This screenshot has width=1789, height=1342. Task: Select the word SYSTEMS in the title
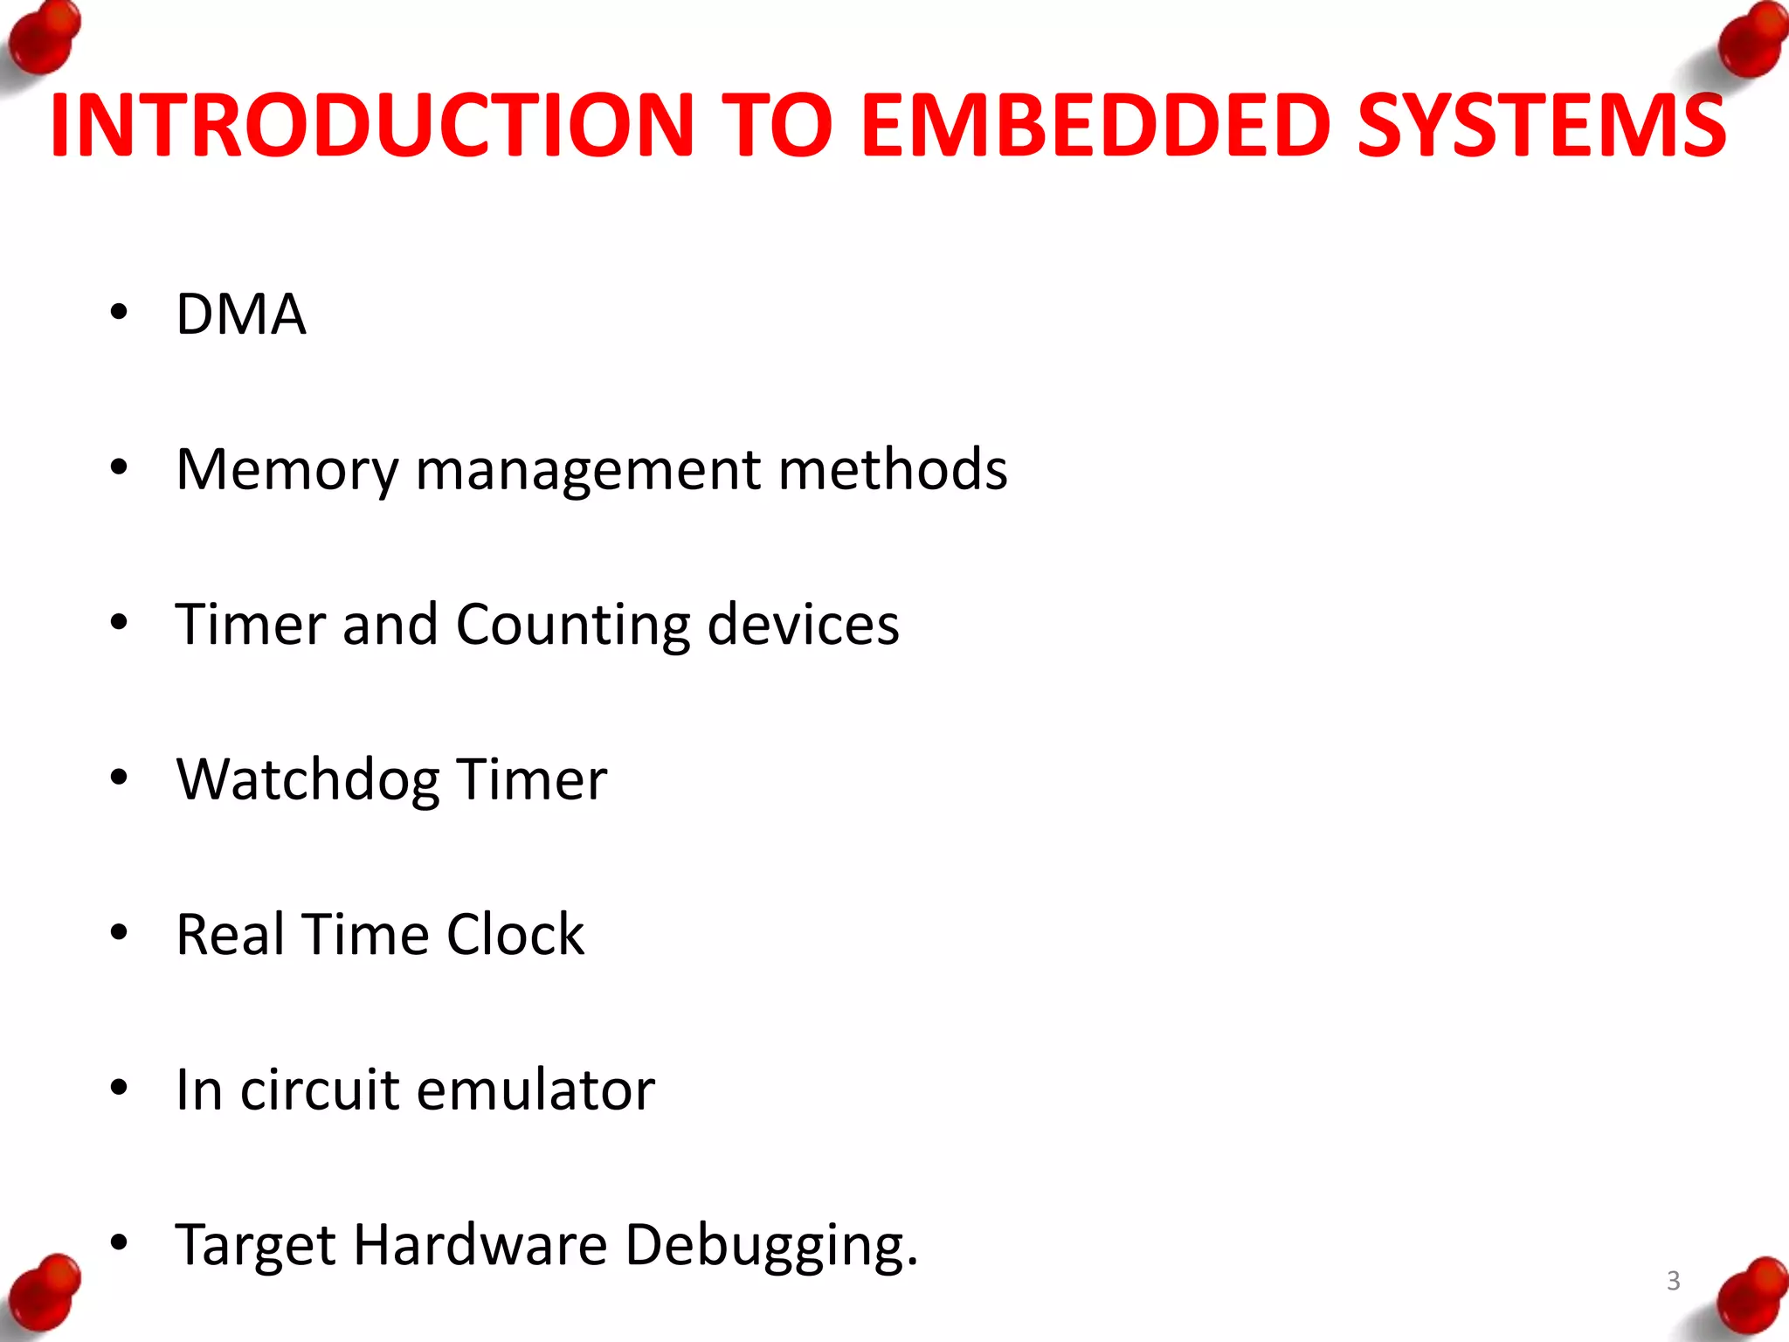pos(1541,126)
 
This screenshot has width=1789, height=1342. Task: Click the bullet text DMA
pos(241,314)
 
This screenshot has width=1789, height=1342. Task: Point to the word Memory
pos(287,470)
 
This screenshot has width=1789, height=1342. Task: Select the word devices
pos(803,624)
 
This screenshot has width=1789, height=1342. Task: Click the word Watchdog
pos(307,780)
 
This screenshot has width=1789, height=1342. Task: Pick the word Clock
pos(515,934)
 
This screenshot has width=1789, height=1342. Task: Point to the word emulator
pos(535,1090)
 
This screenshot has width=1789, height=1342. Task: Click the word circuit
pos(320,1090)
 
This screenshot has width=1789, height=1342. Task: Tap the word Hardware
pos(480,1244)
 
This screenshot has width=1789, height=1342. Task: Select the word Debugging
pos(771,1246)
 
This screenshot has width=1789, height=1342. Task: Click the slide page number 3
pos(1673,1281)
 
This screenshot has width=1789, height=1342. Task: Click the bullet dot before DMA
pos(120,312)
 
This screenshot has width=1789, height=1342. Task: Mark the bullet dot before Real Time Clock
pos(120,932)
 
